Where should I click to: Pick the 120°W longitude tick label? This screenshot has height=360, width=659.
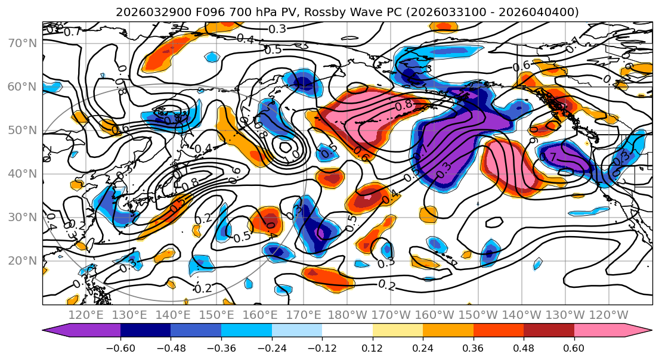608,315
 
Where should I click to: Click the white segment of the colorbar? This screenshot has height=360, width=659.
347,331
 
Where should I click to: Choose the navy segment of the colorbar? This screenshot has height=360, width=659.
146,331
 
